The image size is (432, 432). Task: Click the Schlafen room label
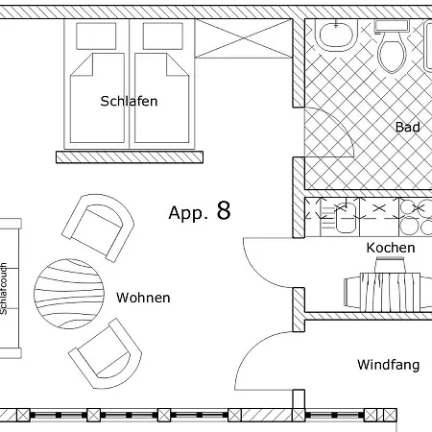129,101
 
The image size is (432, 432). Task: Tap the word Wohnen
143,298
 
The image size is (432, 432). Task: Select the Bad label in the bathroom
408,127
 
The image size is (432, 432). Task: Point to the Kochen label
391,248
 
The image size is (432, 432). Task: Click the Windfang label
388,365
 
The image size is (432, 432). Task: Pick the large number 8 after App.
224,210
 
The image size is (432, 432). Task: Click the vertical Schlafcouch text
4,289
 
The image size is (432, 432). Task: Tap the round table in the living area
69,294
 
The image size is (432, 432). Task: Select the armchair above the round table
98,228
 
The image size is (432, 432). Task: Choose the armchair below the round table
106,354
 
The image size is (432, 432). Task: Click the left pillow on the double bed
96,36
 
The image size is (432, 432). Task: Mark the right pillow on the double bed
163,36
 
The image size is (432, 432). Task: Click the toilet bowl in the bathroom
392,53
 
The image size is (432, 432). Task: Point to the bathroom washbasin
336,35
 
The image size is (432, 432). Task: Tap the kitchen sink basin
346,218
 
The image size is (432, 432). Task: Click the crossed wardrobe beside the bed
244,38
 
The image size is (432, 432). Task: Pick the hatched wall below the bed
130,157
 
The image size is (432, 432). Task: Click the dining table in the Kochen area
391,292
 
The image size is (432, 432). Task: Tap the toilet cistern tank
392,26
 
